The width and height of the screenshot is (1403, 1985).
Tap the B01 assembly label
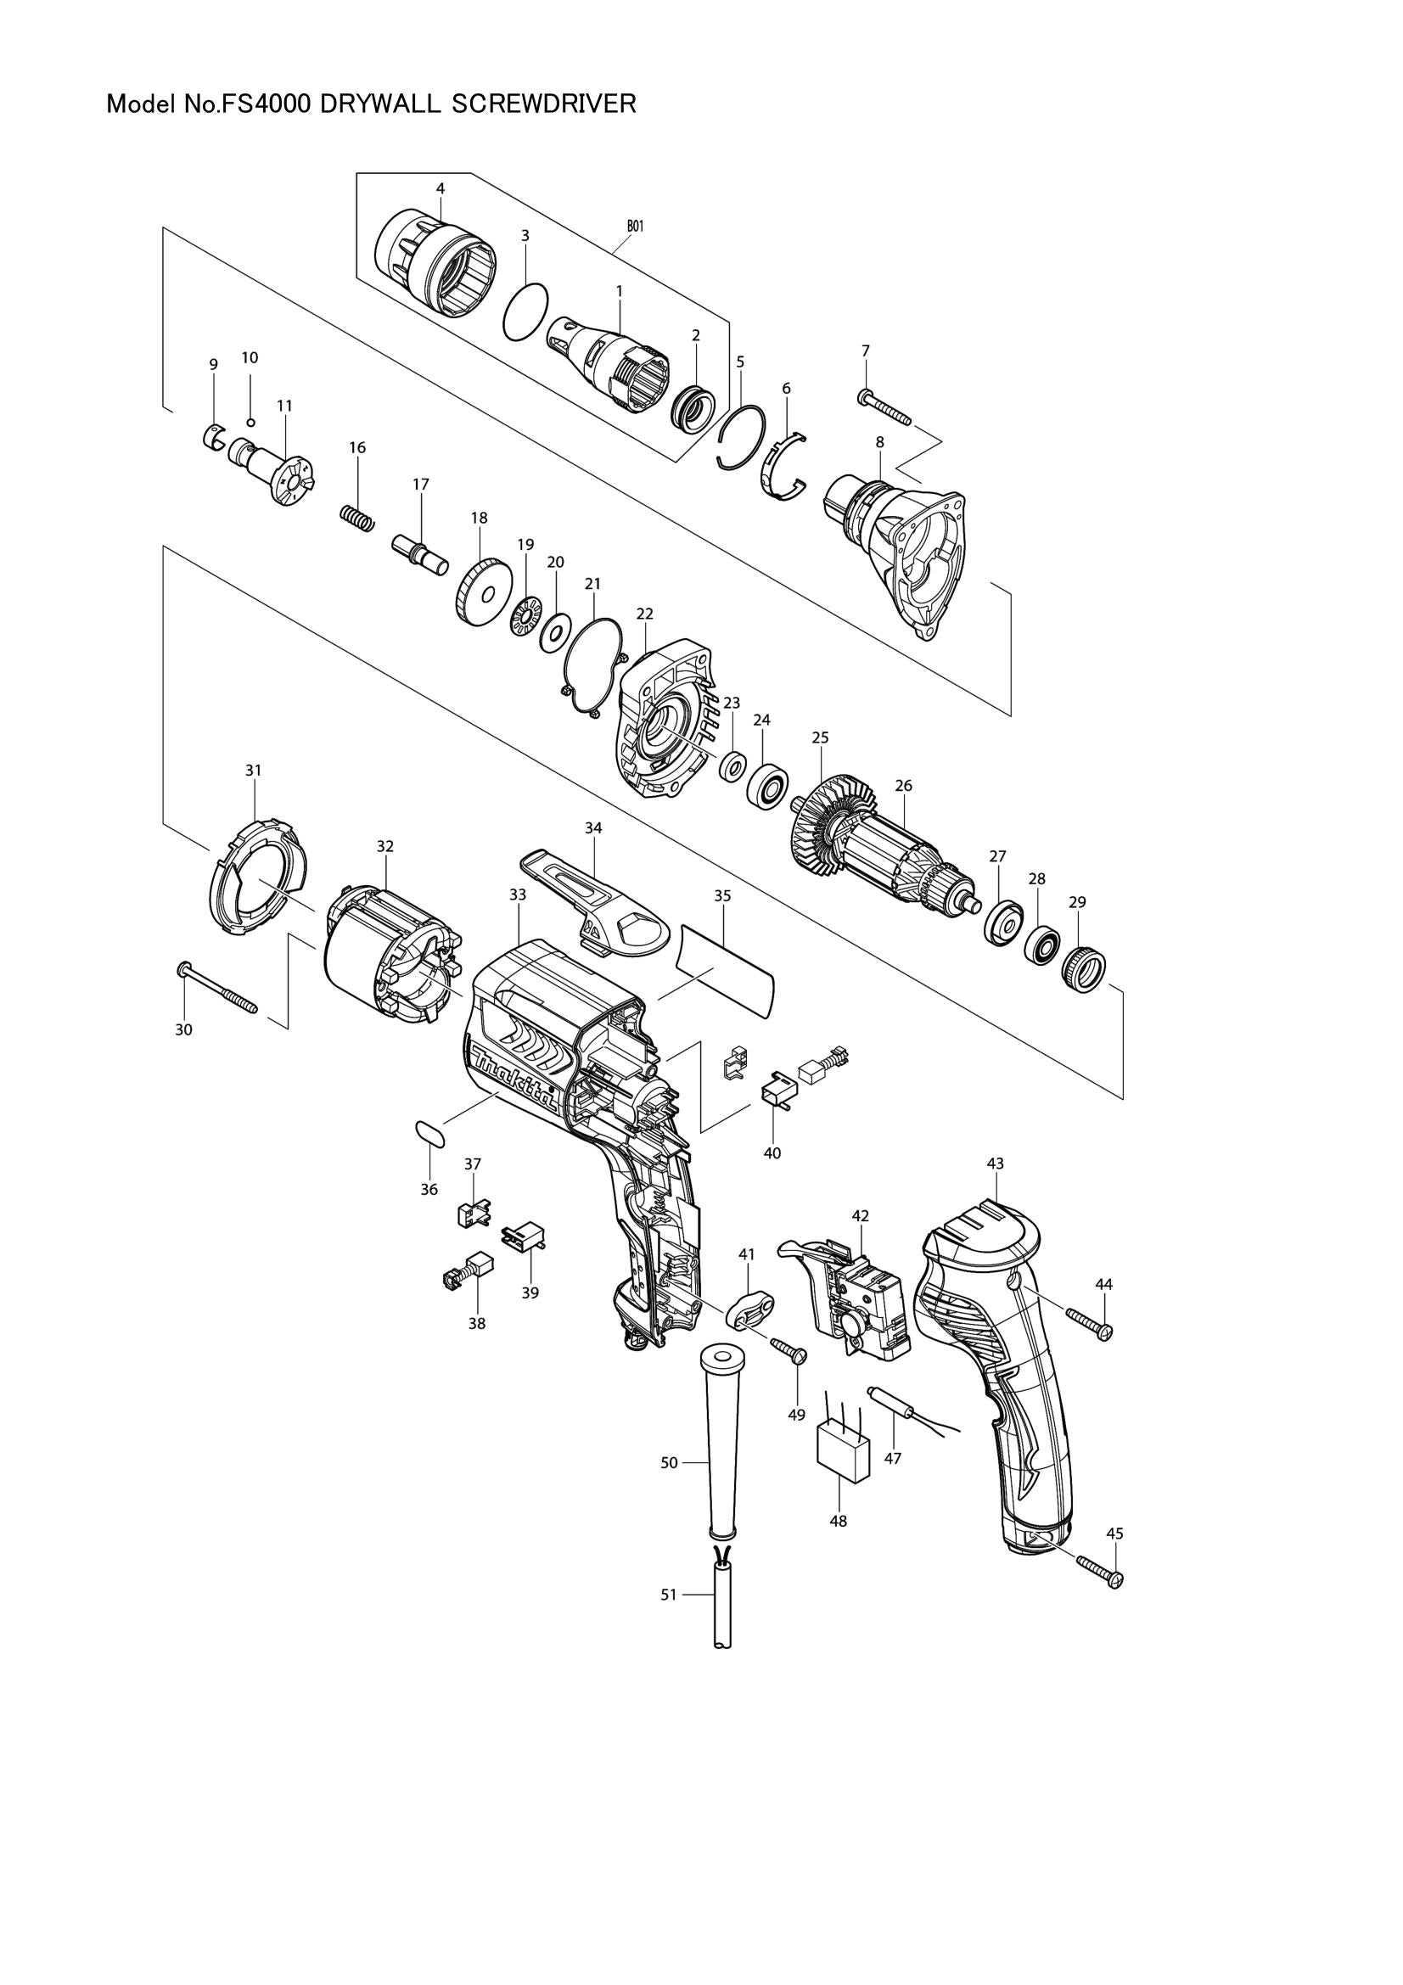tap(635, 226)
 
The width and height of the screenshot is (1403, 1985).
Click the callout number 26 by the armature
tap(903, 786)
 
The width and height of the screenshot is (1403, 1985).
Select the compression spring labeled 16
tap(356, 519)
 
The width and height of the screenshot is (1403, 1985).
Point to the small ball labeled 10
tap(250, 422)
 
